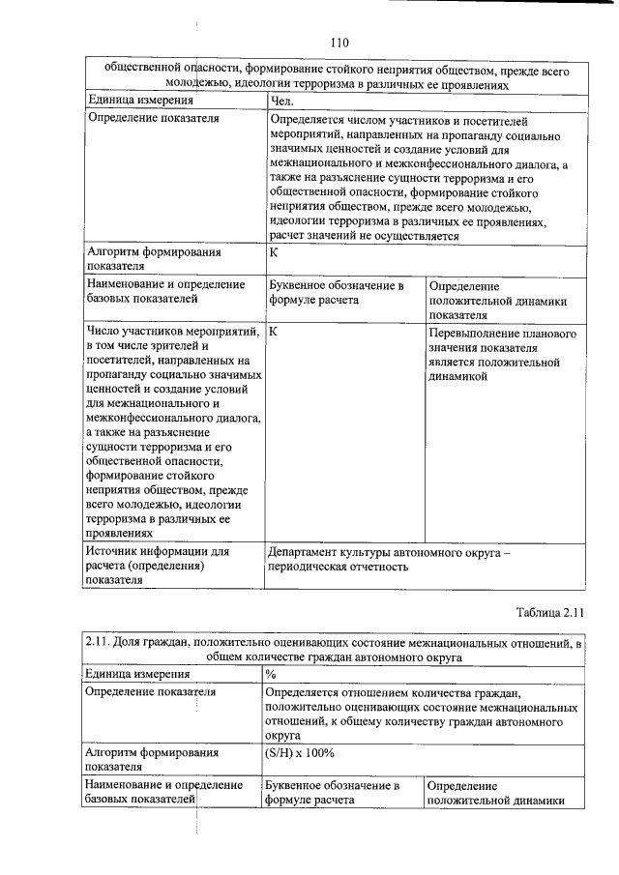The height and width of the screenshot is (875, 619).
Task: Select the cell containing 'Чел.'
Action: (x=281, y=101)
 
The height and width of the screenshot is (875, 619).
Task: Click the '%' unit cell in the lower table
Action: (x=271, y=674)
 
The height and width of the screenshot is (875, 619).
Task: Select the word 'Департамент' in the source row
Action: (x=309, y=551)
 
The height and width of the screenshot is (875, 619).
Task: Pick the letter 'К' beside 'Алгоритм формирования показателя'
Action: (x=275, y=251)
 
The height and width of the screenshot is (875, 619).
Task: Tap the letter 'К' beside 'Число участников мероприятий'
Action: (x=275, y=332)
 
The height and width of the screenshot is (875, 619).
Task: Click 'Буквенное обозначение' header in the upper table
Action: (x=335, y=285)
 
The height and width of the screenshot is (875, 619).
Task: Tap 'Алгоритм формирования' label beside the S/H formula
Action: (x=152, y=751)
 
